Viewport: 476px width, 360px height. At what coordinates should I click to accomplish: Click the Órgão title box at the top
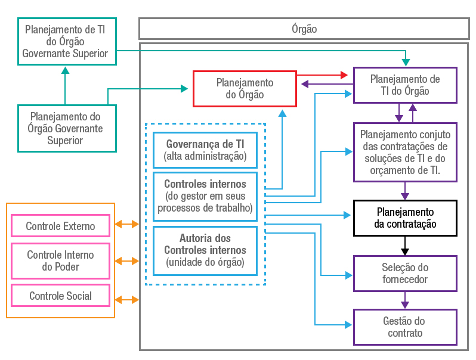tap(304, 29)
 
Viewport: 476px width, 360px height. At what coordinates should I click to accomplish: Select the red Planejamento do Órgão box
tap(245, 89)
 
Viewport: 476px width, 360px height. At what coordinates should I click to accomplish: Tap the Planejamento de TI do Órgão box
tap(405, 85)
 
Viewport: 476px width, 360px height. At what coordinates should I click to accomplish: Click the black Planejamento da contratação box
tap(405, 218)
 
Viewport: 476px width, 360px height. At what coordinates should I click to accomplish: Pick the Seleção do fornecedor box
tap(405, 274)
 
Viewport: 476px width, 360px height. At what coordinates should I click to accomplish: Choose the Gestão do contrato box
tap(405, 327)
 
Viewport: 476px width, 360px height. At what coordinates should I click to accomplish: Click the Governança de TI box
tap(205, 150)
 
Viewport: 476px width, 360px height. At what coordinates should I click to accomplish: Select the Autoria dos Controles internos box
tap(205, 250)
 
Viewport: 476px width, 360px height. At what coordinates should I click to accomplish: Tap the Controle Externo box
tap(61, 226)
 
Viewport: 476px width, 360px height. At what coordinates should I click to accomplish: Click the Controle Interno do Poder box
tap(61, 261)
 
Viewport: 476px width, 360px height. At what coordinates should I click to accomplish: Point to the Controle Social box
tap(61, 296)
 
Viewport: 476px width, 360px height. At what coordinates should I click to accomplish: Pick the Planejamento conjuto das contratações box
tap(405, 152)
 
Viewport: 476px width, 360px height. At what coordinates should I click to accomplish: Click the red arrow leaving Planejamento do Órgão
tap(322, 75)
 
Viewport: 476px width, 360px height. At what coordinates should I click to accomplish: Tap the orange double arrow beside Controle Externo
tap(126, 225)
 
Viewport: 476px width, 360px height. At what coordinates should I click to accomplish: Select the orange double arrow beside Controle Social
tap(126, 299)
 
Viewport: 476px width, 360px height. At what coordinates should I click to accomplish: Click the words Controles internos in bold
tap(205, 184)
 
